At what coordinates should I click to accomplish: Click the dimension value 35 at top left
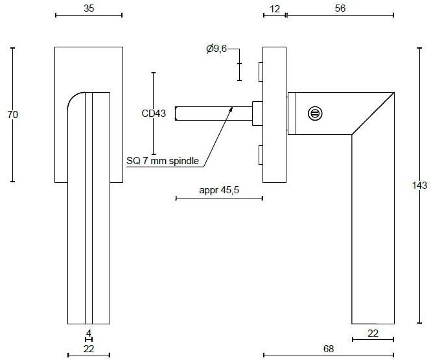click(89, 8)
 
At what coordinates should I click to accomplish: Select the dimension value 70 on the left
click(12, 114)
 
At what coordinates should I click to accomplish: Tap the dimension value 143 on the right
click(419, 186)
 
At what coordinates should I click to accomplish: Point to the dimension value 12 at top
click(275, 8)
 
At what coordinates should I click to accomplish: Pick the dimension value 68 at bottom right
click(329, 348)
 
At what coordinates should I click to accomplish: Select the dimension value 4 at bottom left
click(89, 333)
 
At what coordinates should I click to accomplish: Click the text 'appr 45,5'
click(220, 190)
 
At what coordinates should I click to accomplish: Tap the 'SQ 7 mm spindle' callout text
click(164, 162)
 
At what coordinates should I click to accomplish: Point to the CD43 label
click(154, 114)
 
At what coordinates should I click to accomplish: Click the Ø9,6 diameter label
click(216, 49)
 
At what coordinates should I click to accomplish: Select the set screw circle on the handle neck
click(315, 114)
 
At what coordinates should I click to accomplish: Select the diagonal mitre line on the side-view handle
click(373, 114)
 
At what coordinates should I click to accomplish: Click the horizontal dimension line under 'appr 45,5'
click(219, 198)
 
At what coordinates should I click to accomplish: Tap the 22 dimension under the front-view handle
click(89, 349)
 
